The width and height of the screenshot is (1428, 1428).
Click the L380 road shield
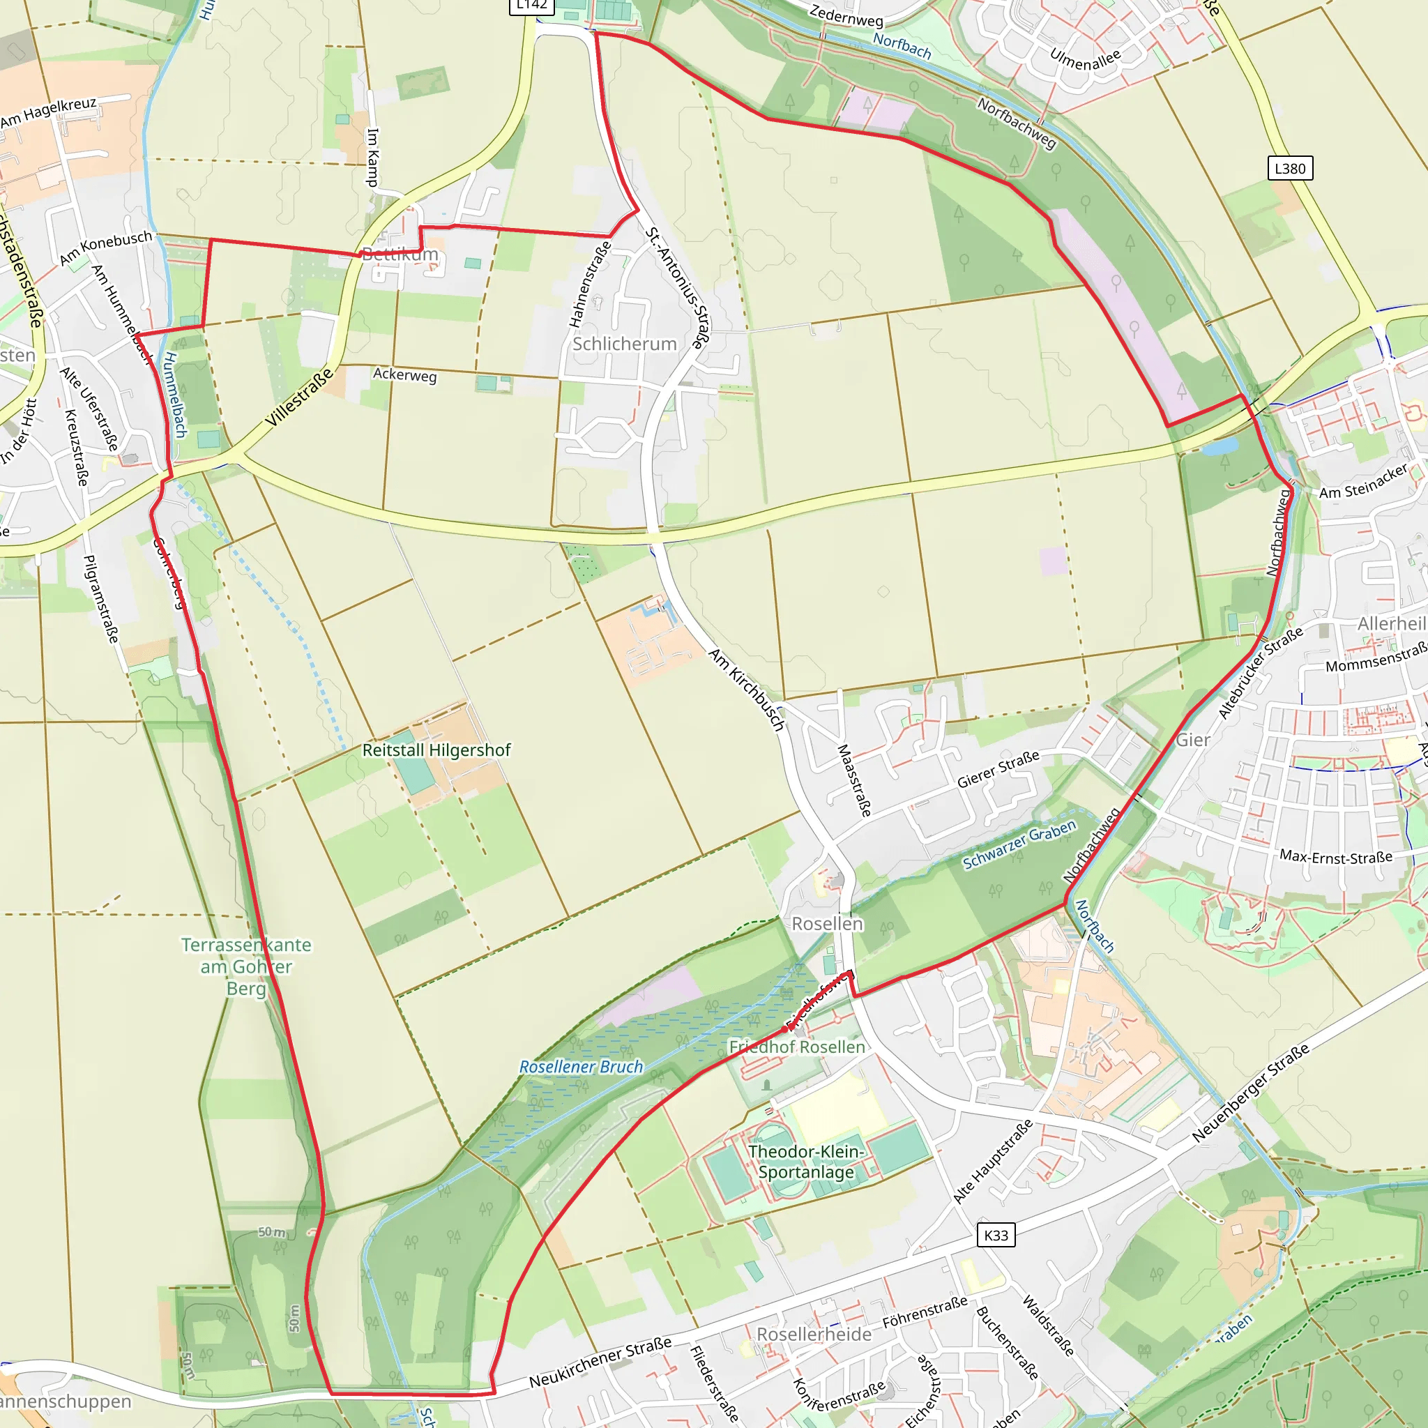click(x=1290, y=169)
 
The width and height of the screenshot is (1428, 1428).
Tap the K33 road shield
click(x=996, y=1235)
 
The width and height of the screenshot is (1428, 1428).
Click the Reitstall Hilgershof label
click(x=436, y=750)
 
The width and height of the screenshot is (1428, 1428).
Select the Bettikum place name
click(x=400, y=255)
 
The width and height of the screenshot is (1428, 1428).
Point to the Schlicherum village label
click(x=625, y=344)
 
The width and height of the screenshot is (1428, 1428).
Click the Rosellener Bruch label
click(x=581, y=1067)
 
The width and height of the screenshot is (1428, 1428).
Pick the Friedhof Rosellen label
click(x=797, y=1047)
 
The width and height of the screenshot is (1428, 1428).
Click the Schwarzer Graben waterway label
click(x=1019, y=844)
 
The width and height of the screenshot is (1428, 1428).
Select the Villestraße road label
click(x=299, y=398)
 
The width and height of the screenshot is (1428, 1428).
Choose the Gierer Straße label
click(x=998, y=768)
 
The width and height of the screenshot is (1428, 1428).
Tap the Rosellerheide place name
click(x=814, y=1334)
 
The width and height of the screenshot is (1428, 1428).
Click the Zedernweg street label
click(x=846, y=15)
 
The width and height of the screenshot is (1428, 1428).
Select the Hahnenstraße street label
click(x=589, y=284)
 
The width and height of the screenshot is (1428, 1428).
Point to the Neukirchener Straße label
click(x=600, y=1362)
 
